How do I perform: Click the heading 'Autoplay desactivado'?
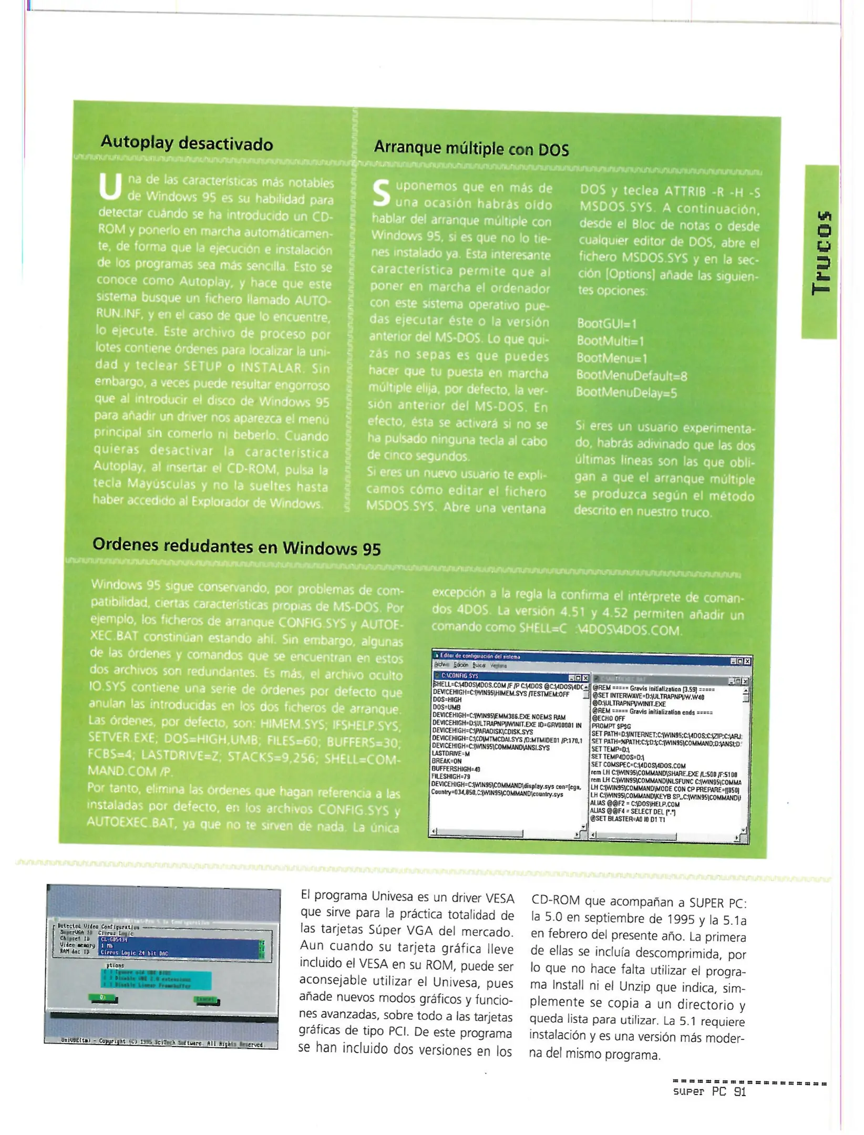point(187,143)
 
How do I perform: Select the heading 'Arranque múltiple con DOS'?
point(471,149)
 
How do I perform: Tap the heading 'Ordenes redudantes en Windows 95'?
point(236,546)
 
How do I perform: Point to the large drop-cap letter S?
point(382,193)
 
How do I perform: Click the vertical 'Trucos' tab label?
point(821,252)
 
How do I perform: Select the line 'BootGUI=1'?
point(606,323)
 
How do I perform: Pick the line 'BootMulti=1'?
point(610,340)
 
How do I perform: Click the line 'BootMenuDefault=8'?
point(631,375)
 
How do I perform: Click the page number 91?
point(739,1092)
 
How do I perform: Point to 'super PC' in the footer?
point(699,1092)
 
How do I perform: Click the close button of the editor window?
point(747,661)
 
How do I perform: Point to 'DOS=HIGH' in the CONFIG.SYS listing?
point(447,700)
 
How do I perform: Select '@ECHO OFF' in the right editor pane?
point(609,718)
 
